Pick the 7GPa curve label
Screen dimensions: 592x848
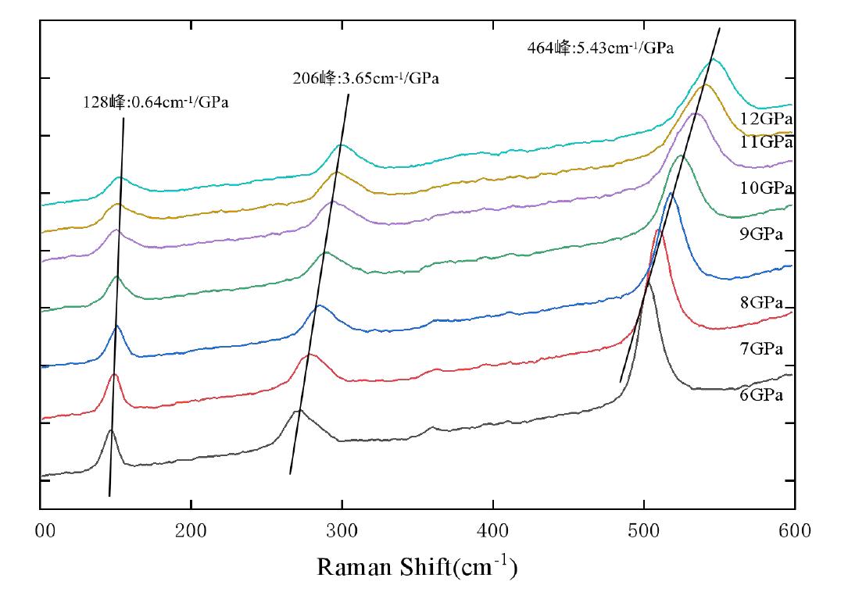click(x=761, y=349)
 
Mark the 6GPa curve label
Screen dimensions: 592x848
click(x=761, y=395)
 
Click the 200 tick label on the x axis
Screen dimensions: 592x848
click(x=191, y=532)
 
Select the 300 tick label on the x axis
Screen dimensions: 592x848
click(x=342, y=532)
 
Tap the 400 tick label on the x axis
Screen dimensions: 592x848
click(x=493, y=532)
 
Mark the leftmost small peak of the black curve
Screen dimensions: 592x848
click(x=112, y=430)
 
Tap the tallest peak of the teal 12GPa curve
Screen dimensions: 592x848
click(x=713, y=59)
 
